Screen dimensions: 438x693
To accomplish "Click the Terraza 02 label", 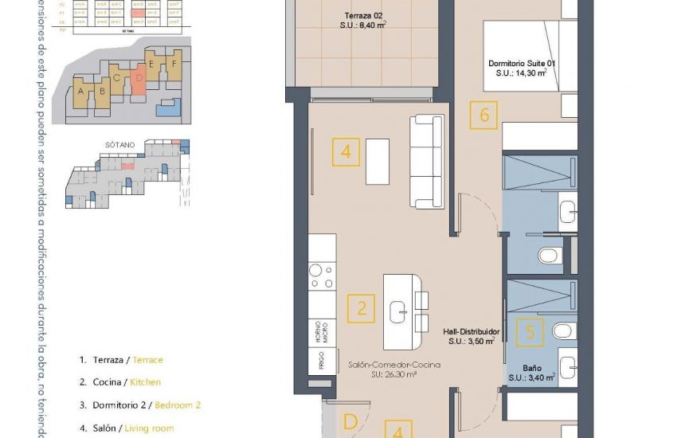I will (364, 21).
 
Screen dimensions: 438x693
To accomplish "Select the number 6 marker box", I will (484, 115).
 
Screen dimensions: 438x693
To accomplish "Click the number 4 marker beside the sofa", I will (346, 151).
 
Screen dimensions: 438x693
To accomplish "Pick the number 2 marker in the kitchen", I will (362, 308).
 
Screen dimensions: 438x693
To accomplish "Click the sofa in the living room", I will (426, 162).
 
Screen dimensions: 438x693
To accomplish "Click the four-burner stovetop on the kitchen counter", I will (322, 276).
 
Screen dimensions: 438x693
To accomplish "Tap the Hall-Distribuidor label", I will (472, 335).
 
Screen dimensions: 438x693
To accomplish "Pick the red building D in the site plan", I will (139, 83).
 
